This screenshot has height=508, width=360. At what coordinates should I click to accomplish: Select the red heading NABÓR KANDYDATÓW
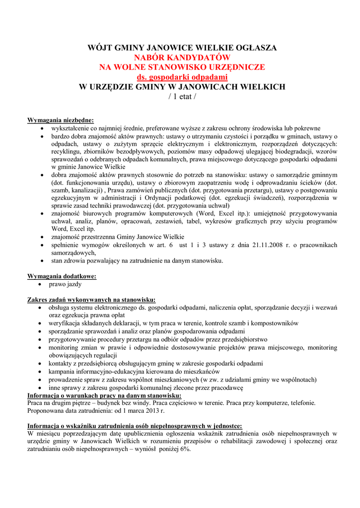coord(182,58)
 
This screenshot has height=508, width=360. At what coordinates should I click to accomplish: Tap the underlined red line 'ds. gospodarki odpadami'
coord(182,77)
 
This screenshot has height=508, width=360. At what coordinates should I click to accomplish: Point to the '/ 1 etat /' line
coord(182,96)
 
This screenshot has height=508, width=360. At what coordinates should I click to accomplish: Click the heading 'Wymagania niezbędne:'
coord(60,120)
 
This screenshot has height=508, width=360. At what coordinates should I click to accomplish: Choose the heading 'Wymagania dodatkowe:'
coord(62,276)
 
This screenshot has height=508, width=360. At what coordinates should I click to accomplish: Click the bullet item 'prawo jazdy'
coord(65,284)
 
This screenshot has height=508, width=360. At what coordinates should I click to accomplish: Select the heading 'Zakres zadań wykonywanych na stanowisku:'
coord(91,300)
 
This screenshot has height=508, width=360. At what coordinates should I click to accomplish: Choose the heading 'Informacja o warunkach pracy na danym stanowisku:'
coord(104,395)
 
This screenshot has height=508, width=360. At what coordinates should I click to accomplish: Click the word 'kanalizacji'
coord(87,190)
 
